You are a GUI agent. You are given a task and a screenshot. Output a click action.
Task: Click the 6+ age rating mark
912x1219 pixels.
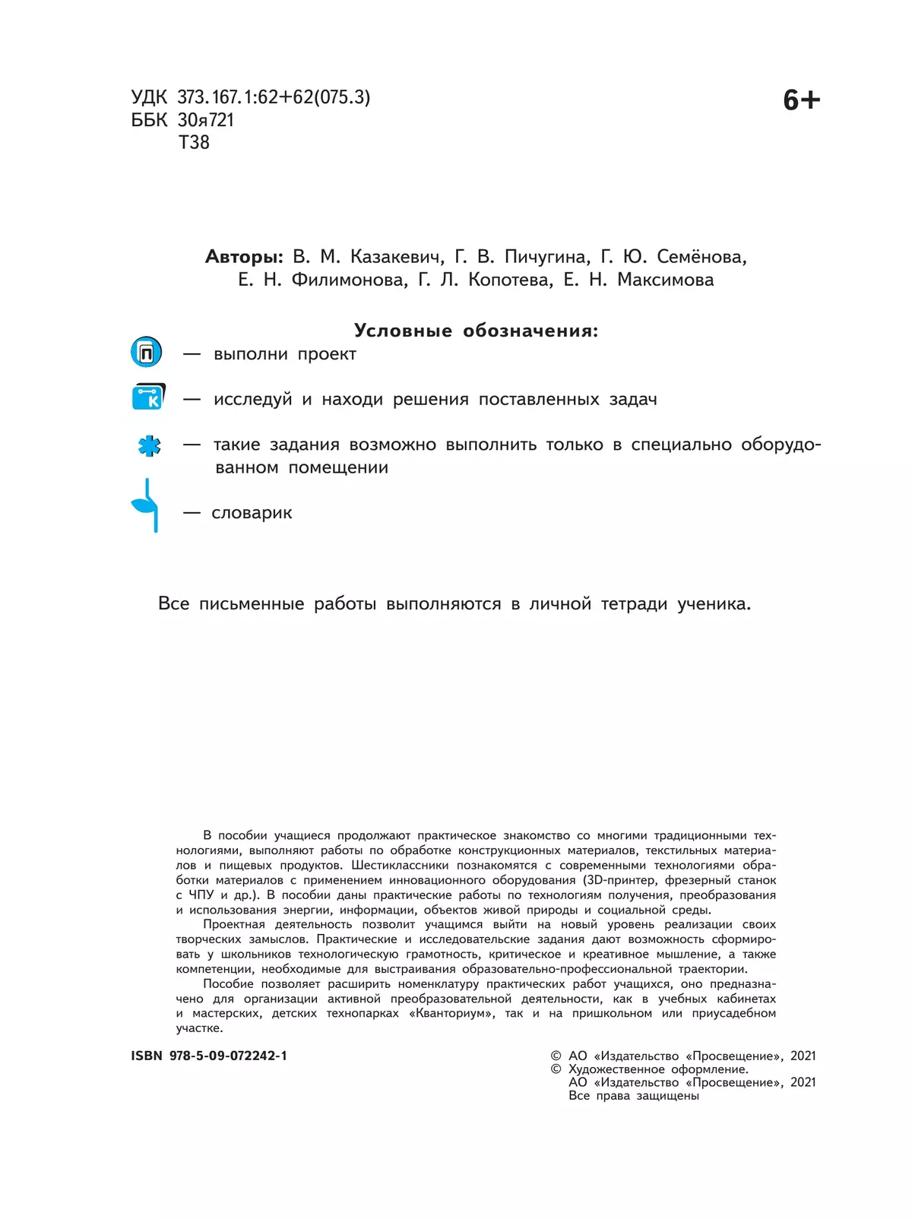[801, 100]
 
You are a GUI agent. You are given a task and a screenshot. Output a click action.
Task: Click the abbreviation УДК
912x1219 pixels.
[149, 97]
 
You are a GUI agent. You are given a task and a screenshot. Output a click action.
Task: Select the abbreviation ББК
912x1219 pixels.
[149, 120]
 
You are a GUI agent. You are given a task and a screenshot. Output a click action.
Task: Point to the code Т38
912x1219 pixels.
[194, 143]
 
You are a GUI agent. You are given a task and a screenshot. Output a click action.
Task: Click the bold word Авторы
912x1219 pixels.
[243, 257]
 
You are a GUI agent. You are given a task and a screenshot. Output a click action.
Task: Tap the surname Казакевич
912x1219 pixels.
[397, 257]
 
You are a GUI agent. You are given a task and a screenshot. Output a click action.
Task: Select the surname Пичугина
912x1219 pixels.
[546, 257]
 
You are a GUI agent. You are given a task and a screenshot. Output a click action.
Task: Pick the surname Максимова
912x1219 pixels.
[665, 280]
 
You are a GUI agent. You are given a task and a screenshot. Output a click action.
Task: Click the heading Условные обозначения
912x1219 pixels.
[476, 331]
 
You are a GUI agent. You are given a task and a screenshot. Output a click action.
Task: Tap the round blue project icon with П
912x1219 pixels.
[147, 353]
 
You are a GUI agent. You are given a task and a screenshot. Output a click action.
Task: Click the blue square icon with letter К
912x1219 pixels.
[148, 397]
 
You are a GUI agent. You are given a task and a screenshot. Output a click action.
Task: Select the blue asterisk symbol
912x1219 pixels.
[149, 445]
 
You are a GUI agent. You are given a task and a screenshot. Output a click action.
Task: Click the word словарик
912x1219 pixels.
[252, 513]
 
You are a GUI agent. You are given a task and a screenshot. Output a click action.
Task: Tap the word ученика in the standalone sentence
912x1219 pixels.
[714, 604]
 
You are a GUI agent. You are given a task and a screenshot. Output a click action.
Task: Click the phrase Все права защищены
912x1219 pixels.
[634, 1096]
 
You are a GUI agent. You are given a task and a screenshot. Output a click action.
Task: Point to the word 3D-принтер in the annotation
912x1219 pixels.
[619, 880]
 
